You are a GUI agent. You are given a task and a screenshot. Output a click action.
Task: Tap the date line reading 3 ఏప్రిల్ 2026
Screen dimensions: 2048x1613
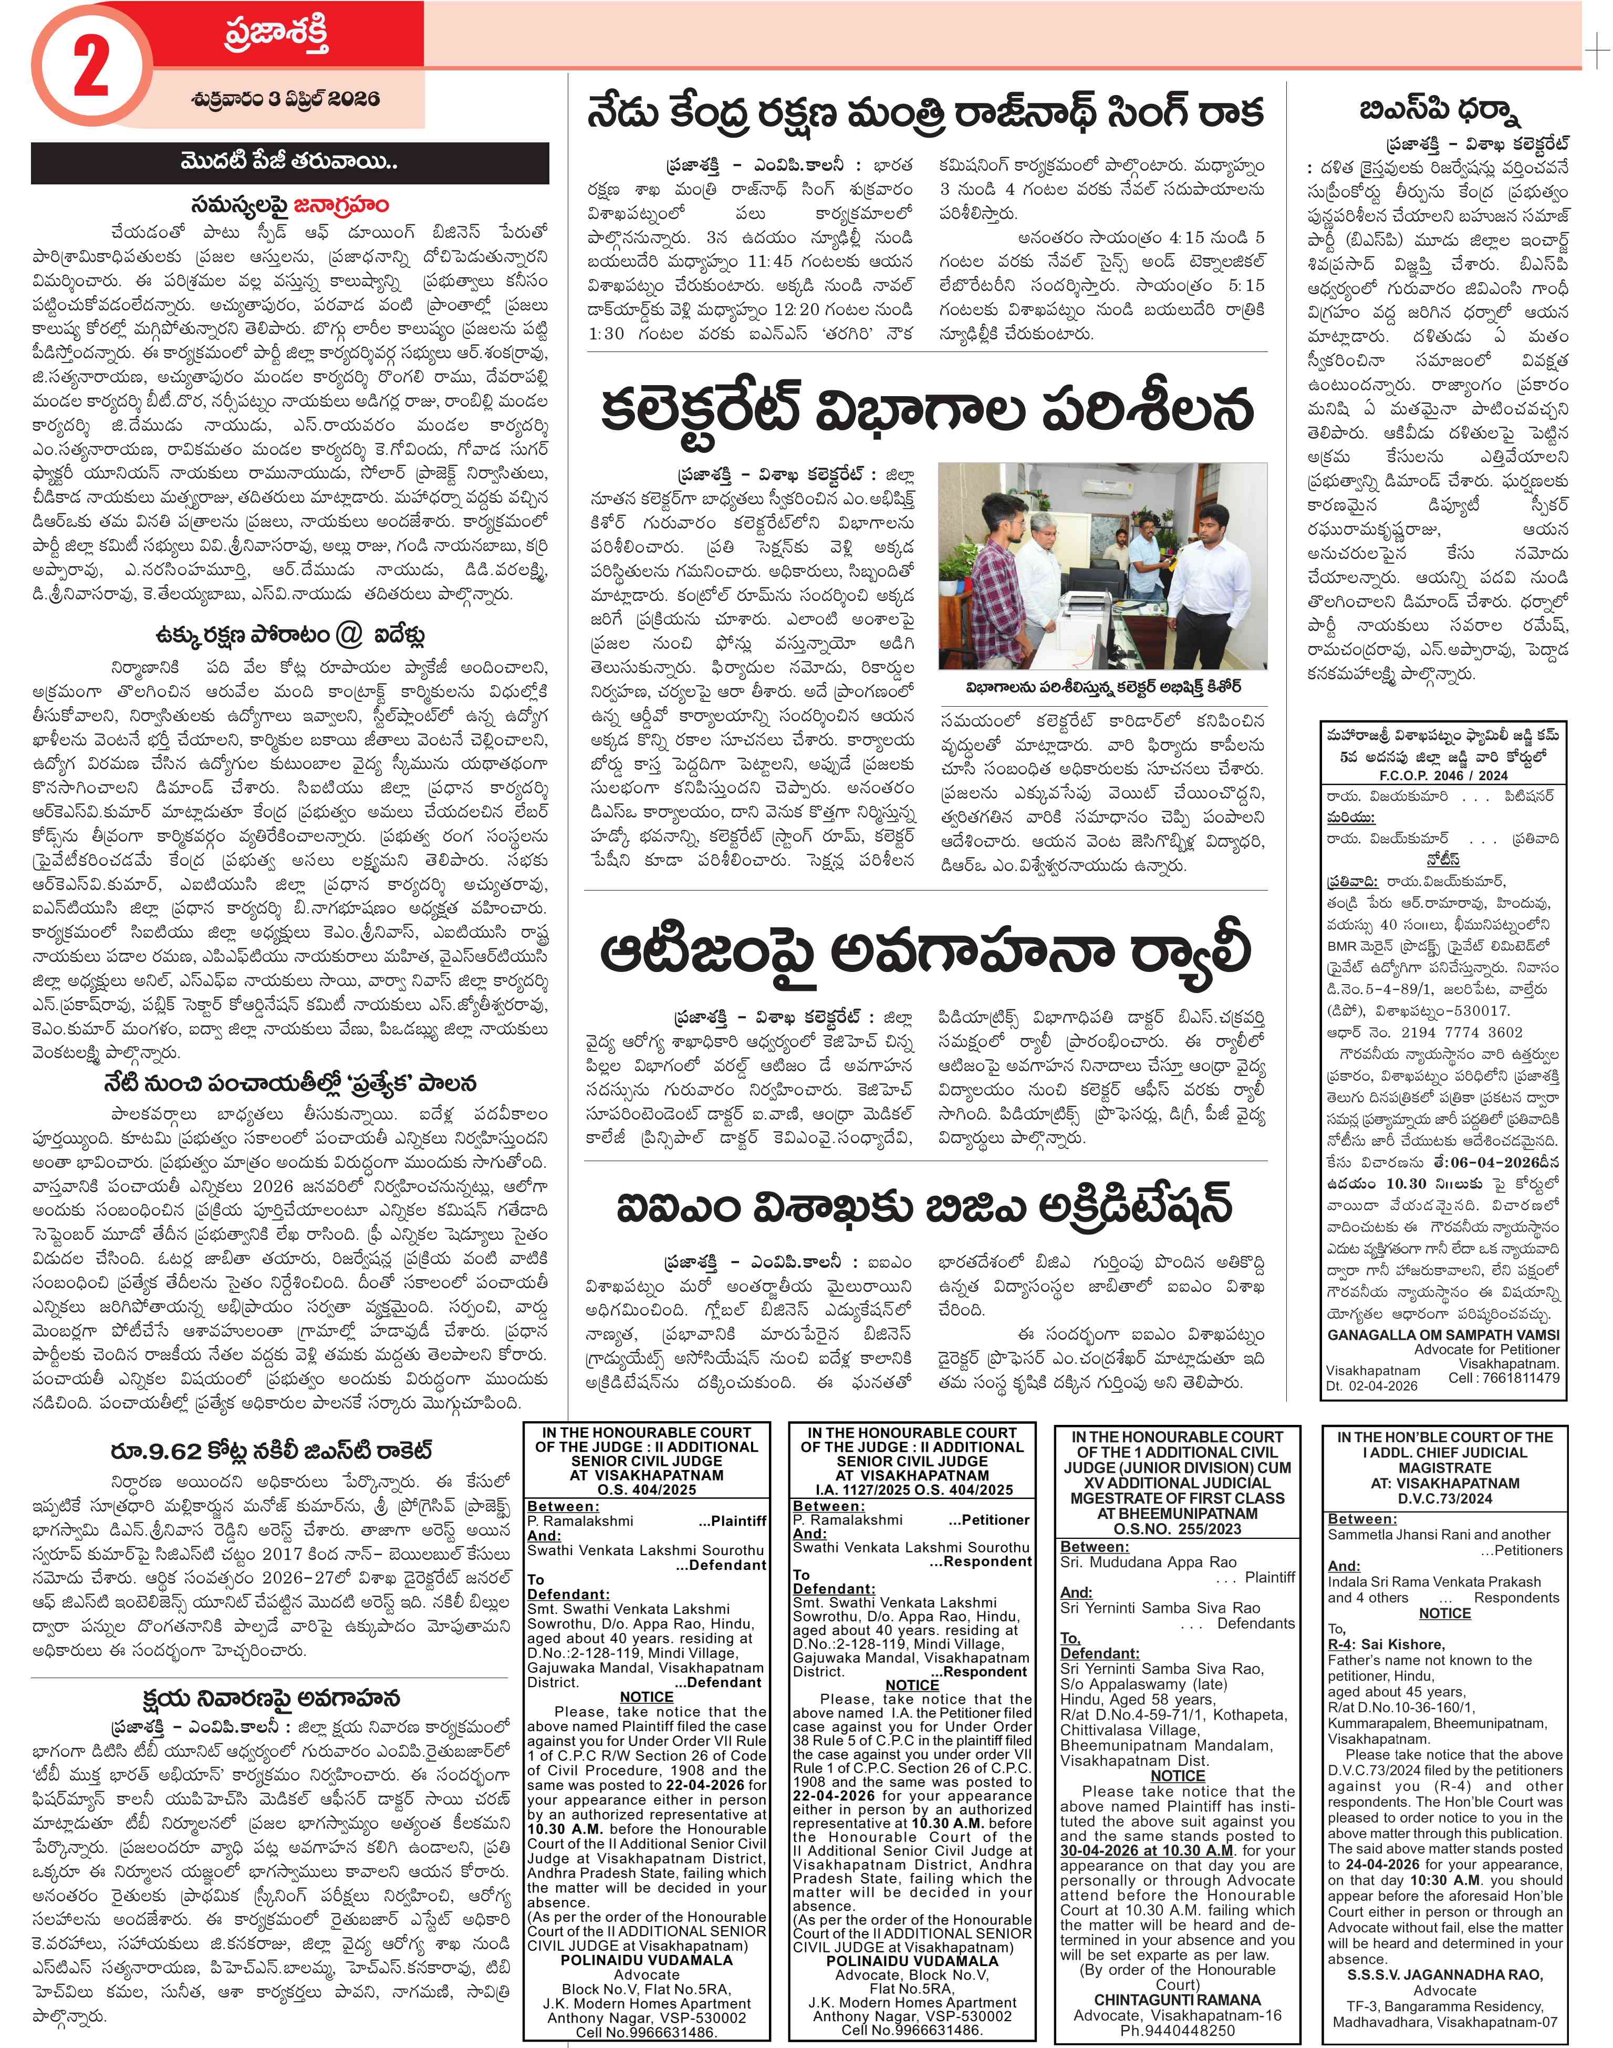click(x=283, y=99)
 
